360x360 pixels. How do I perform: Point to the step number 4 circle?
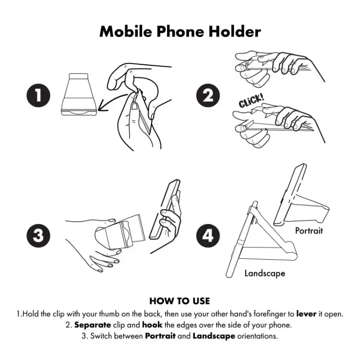pyautogui.click(x=208, y=235)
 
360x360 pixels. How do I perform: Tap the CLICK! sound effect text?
pyautogui.click(x=251, y=102)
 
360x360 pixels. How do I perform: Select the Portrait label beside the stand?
pyautogui.click(x=309, y=230)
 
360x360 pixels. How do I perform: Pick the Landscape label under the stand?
pyautogui.click(x=264, y=273)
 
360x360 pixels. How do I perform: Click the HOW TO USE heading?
pyautogui.click(x=180, y=301)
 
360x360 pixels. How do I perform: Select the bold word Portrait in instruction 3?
pyautogui.click(x=160, y=336)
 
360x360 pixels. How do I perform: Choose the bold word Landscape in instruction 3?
pyautogui.click(x=214, y=336)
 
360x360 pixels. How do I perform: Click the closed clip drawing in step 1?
pyautogui.click(x=81, y=95)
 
